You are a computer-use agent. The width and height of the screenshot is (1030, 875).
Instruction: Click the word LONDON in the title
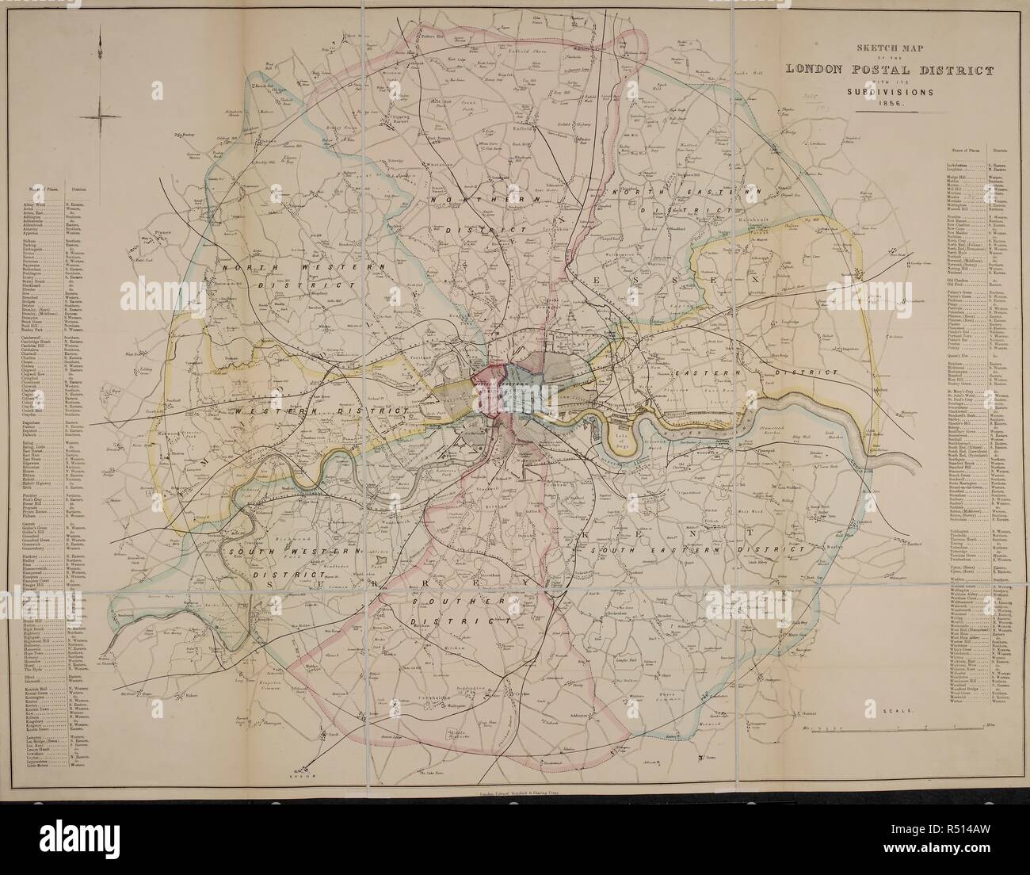point(820,70)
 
